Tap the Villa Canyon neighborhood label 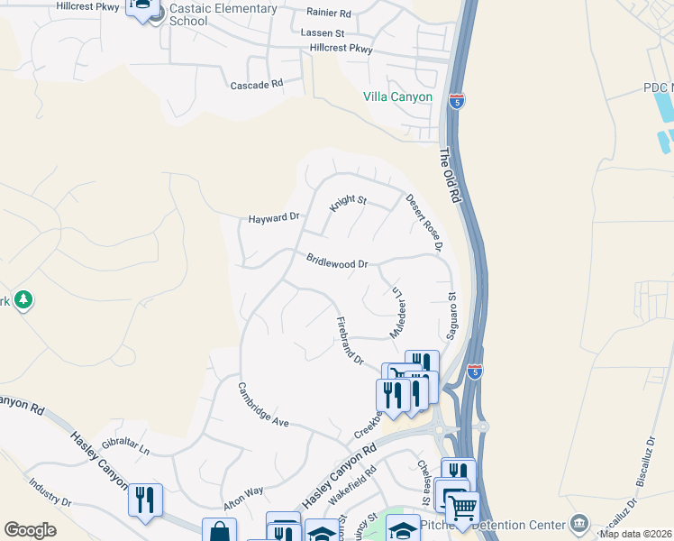397,97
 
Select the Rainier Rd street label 328,13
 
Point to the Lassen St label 323,32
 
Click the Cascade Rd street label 257,83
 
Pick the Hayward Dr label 274,218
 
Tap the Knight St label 348,205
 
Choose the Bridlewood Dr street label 338,261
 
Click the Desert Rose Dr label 425,222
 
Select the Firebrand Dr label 350,341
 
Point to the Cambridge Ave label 263,404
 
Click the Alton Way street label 243,493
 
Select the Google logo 30,530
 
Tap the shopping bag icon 219,532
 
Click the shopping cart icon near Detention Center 462,508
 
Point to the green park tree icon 23,299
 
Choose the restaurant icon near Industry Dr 144,499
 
